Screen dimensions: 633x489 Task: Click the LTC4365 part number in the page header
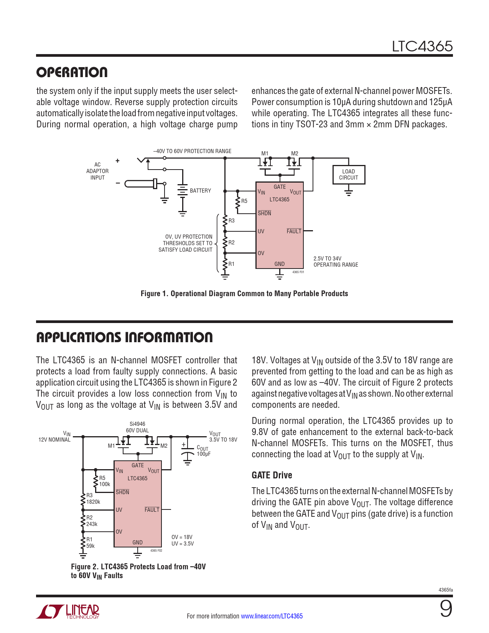(422, 46)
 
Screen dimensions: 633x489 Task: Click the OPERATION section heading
(72, 73)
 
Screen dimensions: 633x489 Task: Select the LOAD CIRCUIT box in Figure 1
(348, 175)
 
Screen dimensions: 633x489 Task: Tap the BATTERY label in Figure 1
(200, 191)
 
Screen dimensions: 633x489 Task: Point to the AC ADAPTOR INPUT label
(97, 171)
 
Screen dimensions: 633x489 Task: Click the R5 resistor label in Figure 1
(244, 201)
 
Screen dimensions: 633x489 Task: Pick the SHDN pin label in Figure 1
(264, 213)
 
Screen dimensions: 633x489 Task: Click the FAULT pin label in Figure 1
(294, 231)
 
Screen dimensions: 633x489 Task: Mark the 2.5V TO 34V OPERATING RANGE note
(336, 262)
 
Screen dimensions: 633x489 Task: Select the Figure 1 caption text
(244, 293)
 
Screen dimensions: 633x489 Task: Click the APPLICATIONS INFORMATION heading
(124, 338)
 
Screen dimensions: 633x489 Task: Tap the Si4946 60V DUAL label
(137, 427)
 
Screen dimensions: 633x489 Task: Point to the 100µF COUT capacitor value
(204, 454)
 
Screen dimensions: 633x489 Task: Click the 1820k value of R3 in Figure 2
(93, 502)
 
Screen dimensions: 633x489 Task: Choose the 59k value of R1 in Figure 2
(91, 546)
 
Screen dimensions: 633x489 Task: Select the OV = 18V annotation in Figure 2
(182, 537)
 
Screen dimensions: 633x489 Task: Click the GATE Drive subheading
(272, 475)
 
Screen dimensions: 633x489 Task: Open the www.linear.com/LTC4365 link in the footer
(272, 616)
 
